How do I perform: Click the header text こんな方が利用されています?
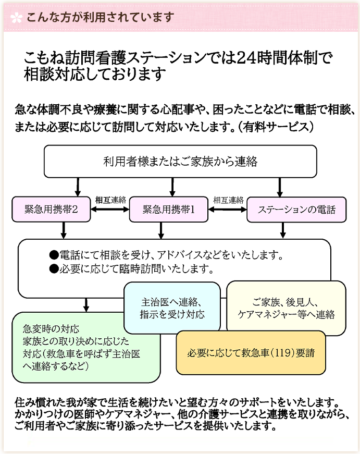(x=99, y=17)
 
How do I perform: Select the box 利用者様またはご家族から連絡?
(x=180, y=162)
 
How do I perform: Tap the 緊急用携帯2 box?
(x=52, y=210)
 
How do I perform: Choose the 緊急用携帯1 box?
(x=168, y=210)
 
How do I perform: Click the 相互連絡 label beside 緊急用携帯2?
(x=110, y=200)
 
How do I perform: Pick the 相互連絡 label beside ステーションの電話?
(x=228, y=200)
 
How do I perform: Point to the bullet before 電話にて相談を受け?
(x=53, y=255)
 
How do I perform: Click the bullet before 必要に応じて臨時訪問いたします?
(x=53, y=269)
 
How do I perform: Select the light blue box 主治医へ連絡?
(x=172, y=308)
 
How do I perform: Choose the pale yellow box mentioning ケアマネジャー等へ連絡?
(x=286, y=308)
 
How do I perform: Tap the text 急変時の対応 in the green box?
(x=51, y=329)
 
